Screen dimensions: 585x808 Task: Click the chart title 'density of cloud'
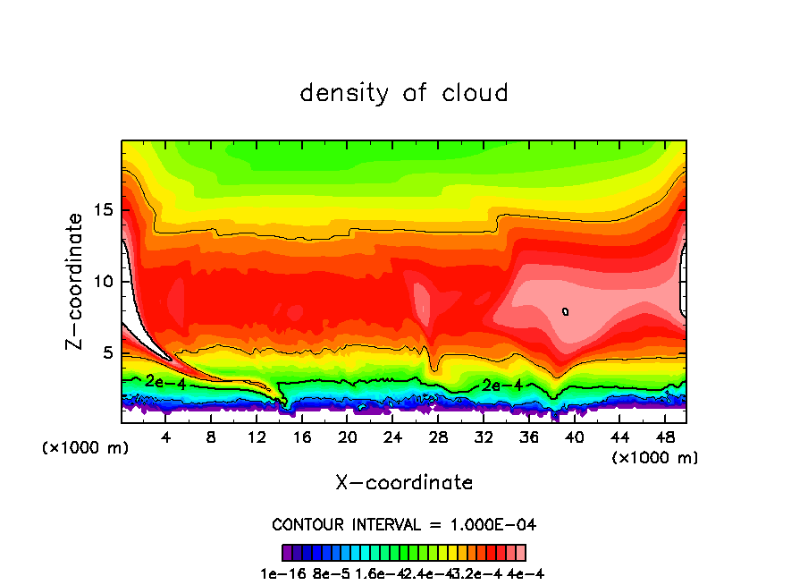click(404, 93)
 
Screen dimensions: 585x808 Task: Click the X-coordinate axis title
click(404, 483)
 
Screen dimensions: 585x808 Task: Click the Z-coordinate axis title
click(77, 281)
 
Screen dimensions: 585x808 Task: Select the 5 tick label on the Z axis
click(106, 353)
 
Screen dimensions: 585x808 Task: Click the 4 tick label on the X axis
click(166, 437)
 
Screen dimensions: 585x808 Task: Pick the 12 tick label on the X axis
click(257, 437)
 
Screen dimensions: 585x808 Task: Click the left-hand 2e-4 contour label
click(165, 381)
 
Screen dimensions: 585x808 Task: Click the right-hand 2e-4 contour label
click(502, 386)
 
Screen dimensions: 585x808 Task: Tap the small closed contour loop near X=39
click(566, 311)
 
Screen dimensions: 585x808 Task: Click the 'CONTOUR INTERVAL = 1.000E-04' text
click(404, 524)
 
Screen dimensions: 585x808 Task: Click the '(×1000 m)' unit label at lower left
click(86, 448)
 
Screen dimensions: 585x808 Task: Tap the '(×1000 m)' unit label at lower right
click(654, 458)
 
